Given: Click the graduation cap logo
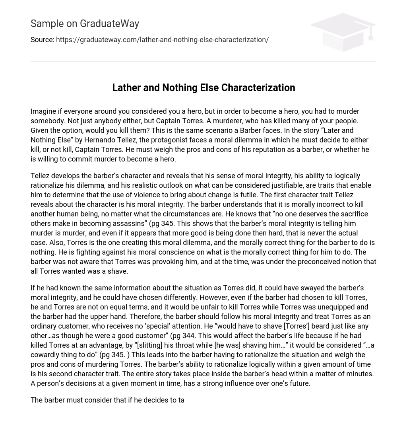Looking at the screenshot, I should click(343, 32).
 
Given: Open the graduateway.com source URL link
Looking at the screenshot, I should click(162, 40).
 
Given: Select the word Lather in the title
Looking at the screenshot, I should click(125, 88).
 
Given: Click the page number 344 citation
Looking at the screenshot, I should click(188, 336).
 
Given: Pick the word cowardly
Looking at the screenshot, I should click(46, 355).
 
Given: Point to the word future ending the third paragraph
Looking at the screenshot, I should click(298, 383).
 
